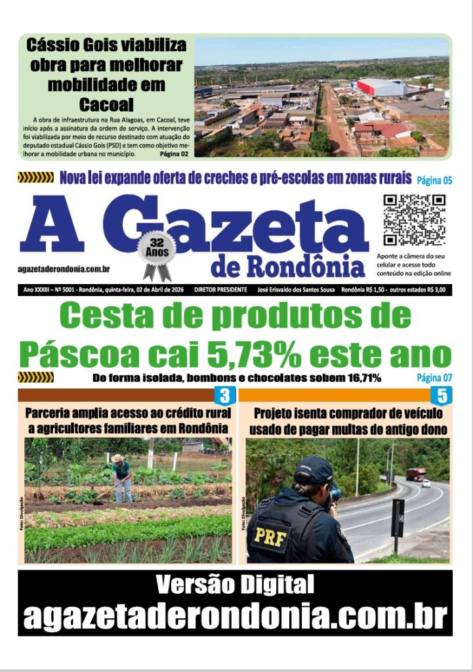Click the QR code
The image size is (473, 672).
415,220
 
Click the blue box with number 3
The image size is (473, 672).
224,396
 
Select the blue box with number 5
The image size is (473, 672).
442,396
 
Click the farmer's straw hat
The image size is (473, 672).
118,457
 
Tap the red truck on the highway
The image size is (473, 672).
415,474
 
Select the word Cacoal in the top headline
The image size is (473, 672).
106,104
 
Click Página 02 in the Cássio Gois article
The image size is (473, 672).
174,154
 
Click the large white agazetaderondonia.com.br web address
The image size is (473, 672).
235,616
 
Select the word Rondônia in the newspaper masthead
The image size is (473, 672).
289,267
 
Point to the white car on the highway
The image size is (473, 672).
426,483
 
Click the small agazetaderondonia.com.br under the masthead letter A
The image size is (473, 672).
64,269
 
